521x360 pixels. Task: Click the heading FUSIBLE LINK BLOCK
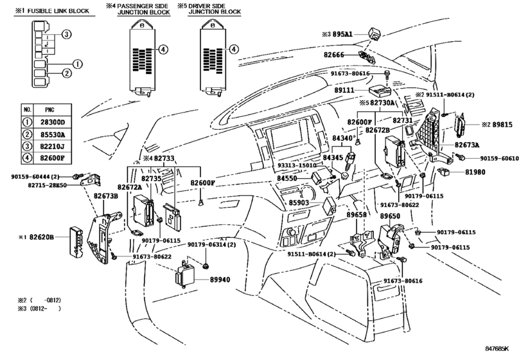(x=53, y=11)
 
